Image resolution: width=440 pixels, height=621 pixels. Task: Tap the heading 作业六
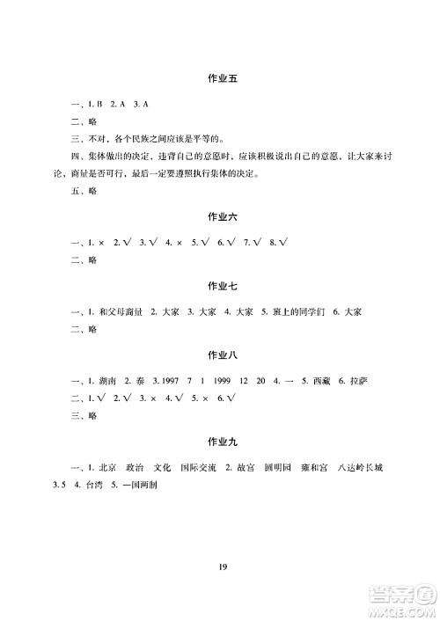click(x=220, y=215)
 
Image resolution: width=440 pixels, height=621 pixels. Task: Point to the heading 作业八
click(x=220, y=355)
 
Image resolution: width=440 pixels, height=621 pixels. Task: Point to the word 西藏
click(x=313, y=381)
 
